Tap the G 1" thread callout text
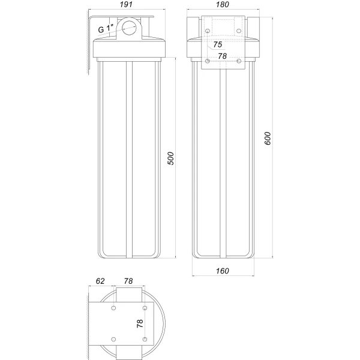click(x=106, y=29)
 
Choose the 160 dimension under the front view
click(x=222, y=271)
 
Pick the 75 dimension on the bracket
click(x=217, y=45)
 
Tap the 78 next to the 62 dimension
click(x=128, y=280)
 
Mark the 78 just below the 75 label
click(x=222, y=56)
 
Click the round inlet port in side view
click(x=130, y=27)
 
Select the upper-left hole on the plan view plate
click(x=113, y=308)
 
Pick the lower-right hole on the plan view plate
click(x=145, y=340)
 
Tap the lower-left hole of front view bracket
click(x=207, y=61)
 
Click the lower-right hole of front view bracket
click(x=239, y=61)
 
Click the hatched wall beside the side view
click(x=88, y=42)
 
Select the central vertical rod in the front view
click(x=223, y=162)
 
